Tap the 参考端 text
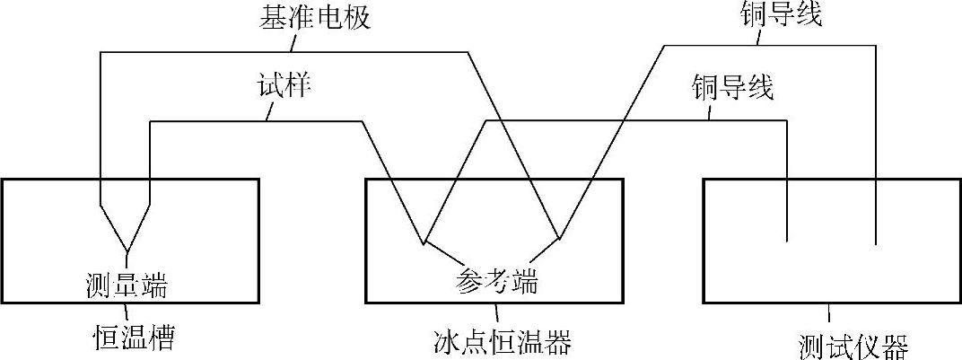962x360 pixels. point(493,282)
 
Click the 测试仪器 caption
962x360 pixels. point(852,345)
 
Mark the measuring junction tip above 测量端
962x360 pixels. point(127,249)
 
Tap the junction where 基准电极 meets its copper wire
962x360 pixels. point(559,239)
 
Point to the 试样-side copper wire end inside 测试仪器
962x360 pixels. point(787,241)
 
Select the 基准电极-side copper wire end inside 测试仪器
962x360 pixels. point(874,244)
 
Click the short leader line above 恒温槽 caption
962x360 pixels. point(127,314)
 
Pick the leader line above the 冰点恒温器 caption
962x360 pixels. point(485,313)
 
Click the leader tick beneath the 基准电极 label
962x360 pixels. point(289,42)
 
